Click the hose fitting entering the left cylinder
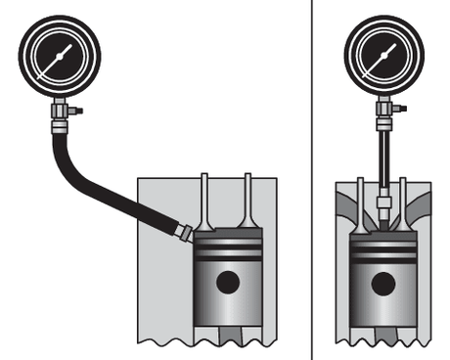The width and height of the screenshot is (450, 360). tap(183, 231)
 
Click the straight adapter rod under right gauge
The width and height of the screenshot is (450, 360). tap(384, 157)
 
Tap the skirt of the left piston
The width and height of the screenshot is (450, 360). tap(228, 313)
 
